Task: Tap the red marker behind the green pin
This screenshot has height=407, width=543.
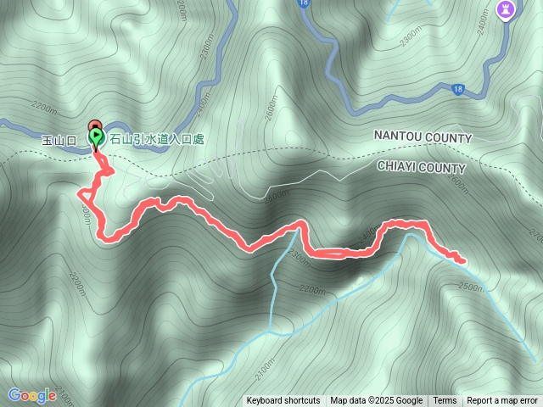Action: [94, 125]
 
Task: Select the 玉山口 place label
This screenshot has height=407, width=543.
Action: [59, 139]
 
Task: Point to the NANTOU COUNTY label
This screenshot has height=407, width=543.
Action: [423, 137]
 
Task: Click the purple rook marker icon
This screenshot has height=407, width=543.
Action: [505, 10]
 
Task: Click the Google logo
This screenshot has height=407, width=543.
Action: [32, 394]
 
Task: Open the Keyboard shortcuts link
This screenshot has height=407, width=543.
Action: [283, 401]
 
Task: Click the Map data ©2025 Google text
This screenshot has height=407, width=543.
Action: [376, 401]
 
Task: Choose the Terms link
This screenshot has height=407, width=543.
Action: [445, 401]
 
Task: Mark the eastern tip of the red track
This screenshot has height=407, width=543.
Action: [463, 261]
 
